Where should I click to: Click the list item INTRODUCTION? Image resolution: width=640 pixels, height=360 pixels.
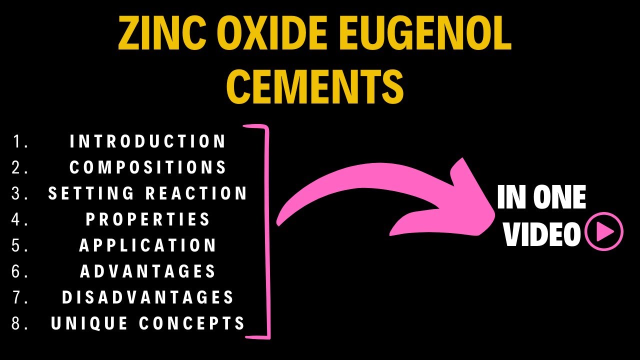coord(148,141)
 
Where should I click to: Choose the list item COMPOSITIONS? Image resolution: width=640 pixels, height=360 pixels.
coord(148,167)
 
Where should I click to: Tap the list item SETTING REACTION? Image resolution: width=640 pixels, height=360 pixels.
coord(148,193)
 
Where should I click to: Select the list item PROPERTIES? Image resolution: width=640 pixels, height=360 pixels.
coord(148,219)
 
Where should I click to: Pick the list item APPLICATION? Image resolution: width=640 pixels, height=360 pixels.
coord(148,245)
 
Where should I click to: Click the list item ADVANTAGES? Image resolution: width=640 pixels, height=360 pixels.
coord(148,271)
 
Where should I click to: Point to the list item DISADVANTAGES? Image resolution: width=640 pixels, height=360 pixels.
coord(148,297)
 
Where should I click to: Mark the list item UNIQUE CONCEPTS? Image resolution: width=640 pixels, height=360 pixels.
coord(148,323)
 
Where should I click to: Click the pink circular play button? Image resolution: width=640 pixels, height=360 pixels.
coord(604,231)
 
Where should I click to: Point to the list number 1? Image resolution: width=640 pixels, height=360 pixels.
coord(19,141)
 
